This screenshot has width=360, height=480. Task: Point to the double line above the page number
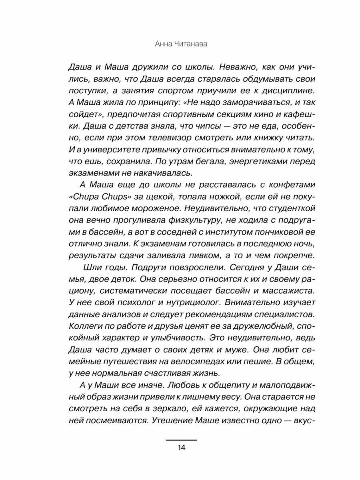[181, 440]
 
